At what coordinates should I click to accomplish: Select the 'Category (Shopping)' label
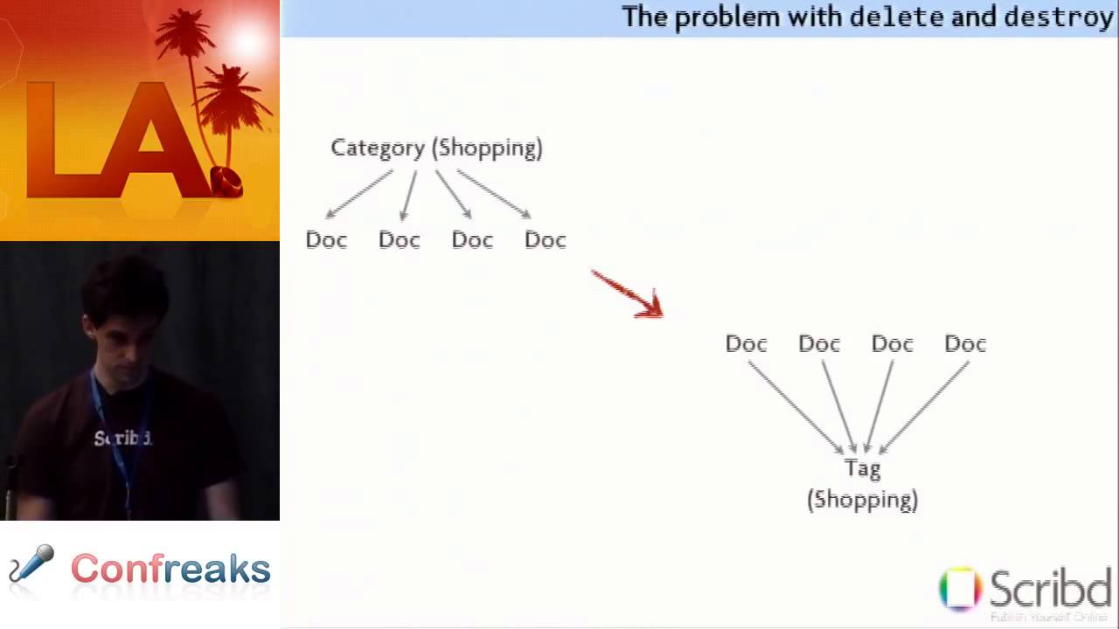coord(436,148)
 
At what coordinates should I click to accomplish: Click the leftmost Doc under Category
coord(326,239)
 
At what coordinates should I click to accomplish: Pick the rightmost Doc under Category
coord(546,239)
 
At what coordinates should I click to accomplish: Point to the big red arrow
coord(628,294)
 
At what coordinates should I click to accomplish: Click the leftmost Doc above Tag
coord(746,343)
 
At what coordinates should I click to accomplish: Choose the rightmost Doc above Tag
coord(965,343)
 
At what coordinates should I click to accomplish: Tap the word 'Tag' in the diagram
coord(862,468)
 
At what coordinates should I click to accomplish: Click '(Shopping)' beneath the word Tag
coord(862,500)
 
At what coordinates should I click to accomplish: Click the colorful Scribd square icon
coord(960,588)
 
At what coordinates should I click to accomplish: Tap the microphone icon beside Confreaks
coord(31,564)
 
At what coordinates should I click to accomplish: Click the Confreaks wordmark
coord(170,569)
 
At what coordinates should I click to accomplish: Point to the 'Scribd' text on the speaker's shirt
coord(122,438)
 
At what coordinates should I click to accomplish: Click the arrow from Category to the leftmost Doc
coord(358,194)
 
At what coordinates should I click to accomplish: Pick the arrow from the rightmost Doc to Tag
coord(924,407)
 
